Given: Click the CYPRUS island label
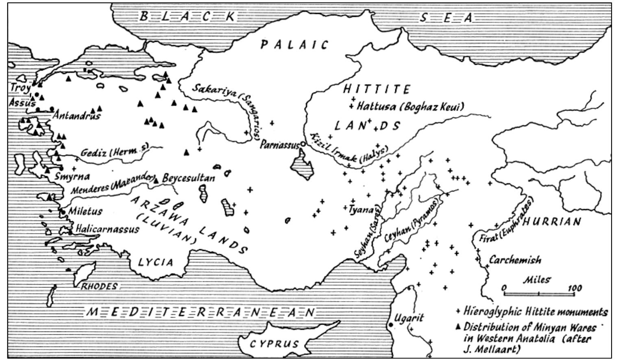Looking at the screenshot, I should (x=274, y=344).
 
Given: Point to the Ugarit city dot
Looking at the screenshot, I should (x=391, y=325).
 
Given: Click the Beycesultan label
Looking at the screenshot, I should (x=188, y=178).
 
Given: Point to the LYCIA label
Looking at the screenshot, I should (x=156, y=262).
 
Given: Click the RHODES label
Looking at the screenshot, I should (x=99, y=286).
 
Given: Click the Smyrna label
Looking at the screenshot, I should (x=72, y=177).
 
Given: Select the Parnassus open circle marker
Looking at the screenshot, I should (x=303, y=144).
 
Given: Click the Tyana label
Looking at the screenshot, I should (x=362, y=209).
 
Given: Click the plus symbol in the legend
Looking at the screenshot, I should (x=458, y=312).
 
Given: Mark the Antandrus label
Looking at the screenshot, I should (x=77, y=116).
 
